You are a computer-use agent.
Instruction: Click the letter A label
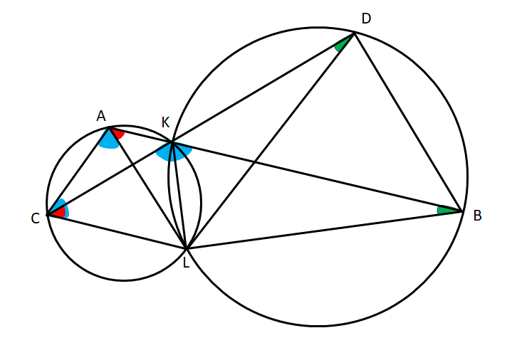click(x=101, y=116)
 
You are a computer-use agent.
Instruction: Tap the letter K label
click(x=165, y=122)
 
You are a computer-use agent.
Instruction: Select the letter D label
click(x=366, y=18)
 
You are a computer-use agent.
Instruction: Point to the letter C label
click(x=36, y=218)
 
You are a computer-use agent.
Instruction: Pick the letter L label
click(x=187, y=263)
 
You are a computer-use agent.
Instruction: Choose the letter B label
click(x=477, y=216)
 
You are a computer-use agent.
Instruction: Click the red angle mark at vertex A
click(x=118, y=134)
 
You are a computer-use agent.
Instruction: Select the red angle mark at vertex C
click(x=59, y=213)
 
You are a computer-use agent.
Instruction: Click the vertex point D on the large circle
click(x=355, y=33)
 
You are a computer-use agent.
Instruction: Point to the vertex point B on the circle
click(x=462, y=211)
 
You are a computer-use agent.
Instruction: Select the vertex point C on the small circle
click(x=48, y=216)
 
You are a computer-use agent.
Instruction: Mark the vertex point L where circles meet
click(x=187, y=248)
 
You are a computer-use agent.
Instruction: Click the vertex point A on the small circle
click(x=109, y=127)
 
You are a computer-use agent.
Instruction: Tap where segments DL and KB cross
click(x=254, y=162)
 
